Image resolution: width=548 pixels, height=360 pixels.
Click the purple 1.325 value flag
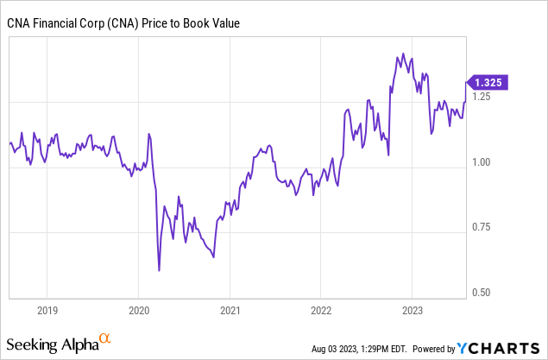[x=488, y=83]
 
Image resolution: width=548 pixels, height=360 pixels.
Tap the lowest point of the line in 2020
[x=160, y=270]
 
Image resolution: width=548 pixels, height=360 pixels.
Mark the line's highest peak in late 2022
[x=403, y=54]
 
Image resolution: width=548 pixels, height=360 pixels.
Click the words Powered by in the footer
[x=432, y=349]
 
